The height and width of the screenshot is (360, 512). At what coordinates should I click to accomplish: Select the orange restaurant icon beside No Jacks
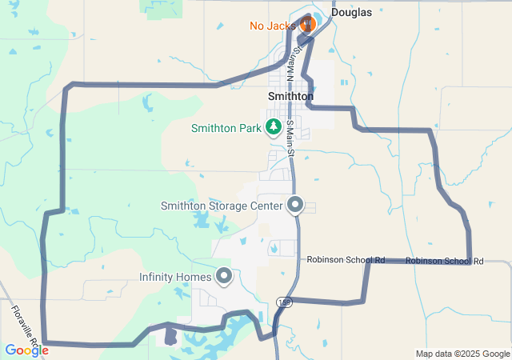(307, 24)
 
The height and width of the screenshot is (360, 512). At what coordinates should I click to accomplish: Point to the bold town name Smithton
(290, 96)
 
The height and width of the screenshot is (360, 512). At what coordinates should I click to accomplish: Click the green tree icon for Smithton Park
(274, 126)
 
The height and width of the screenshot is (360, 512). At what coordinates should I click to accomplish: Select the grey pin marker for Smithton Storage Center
(295, 205)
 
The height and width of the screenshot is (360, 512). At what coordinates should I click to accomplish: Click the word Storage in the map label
(230, 206)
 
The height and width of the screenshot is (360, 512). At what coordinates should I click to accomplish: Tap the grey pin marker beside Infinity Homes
(223, 277)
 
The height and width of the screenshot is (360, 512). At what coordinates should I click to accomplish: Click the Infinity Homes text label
(175, 278)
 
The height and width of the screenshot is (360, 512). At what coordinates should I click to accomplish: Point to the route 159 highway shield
(285, 302)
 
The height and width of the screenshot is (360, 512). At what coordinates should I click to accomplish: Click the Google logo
(26, 350)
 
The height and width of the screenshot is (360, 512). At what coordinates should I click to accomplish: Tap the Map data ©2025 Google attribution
(462, 354)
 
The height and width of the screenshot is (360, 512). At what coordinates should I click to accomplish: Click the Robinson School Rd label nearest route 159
(346, 260)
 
